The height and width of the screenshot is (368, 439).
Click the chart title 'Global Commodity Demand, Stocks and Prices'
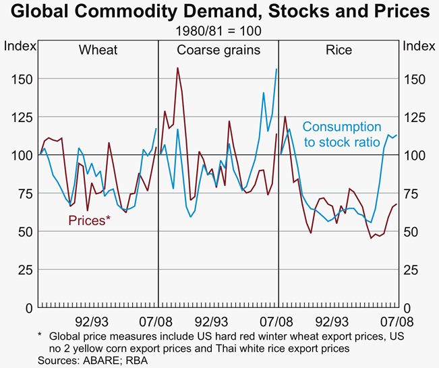(219, 11)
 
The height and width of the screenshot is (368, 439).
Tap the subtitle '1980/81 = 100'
(219, 31)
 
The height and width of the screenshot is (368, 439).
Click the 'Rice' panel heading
(339, 50)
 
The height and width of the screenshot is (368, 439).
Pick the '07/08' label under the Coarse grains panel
(274, 321)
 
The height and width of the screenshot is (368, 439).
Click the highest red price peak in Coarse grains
(177, 67)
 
